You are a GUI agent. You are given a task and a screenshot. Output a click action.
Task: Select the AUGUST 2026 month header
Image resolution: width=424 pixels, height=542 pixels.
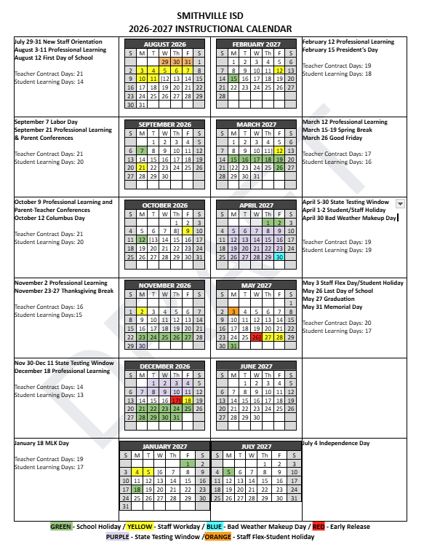tap(166, 44)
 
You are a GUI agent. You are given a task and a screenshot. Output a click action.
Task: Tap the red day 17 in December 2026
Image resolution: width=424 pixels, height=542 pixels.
tap(177, 400)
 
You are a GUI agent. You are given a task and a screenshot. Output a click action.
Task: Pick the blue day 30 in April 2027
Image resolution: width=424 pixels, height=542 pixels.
tap(279, 256)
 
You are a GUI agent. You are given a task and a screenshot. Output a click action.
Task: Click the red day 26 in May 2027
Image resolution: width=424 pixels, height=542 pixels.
tap(257, 337)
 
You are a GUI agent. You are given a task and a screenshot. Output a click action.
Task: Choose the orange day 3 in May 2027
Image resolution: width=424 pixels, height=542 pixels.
tap(233, 311)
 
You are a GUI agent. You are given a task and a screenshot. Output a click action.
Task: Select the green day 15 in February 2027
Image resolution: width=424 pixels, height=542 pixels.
tap(233, 78)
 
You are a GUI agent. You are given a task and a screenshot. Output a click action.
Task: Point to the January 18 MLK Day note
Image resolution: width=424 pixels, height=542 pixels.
tap(41, 443)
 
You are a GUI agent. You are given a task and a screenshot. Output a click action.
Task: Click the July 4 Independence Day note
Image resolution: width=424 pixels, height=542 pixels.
tap(335, 443)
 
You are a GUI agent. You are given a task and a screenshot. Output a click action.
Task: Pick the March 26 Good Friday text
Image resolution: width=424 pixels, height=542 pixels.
tap(333, 138)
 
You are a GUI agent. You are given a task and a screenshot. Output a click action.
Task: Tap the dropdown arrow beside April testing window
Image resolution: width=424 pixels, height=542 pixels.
tap(401, 204)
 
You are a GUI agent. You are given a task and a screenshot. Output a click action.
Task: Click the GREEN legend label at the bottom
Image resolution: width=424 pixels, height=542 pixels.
tap(61, 527)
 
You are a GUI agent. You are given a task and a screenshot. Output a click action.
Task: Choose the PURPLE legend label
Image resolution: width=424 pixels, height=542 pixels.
tap(118, 536)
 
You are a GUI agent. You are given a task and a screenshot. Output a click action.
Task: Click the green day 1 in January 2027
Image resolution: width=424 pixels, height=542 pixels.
tap(188, 463)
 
